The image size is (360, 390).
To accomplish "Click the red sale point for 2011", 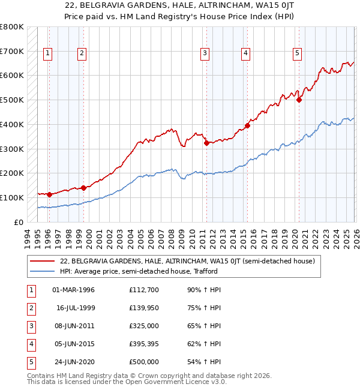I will pyautogui.click(x=206, y=143).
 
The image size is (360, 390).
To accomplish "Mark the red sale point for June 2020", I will pyautogui.click(x=299, y=100).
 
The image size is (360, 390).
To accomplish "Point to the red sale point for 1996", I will pyautogui.click(x=49, y=194).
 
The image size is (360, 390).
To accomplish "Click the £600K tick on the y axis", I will pyautogui.click(x=11, y=76).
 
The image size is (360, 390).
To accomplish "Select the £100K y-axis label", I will pyautogui.click(x=11, y=197).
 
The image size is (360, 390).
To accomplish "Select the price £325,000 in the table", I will pyautogui.click(x=144, y=326).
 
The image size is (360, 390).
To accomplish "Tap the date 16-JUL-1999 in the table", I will pyautogui.click(x=76, y=308).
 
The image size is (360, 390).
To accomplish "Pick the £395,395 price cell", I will pyautogui.click(x=144, y=344).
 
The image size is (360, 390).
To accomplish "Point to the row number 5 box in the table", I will pyautogui.click(x=29, y=362).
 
